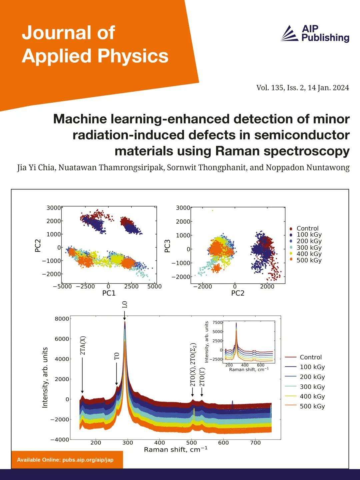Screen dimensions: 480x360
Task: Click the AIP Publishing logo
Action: [x=315, y=34]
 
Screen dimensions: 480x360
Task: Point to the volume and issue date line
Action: [x=302, y=88]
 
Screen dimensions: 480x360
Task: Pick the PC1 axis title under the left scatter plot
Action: [x=109, y=293]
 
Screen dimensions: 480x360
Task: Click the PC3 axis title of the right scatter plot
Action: [x=167, y=246]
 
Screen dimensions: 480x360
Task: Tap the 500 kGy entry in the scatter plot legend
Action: [x=309, y=260]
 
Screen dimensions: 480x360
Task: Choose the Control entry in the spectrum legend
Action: [x=310, y=357]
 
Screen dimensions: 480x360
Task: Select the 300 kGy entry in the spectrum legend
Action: [x=312, y=387]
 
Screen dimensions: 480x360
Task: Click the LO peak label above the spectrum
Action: [x=125, y=305]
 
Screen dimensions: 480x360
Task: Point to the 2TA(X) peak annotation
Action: [x=83, y=347]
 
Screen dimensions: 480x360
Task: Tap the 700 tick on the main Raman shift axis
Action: [x=255, y=443]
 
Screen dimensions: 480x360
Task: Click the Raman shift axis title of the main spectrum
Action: [x=175, y=450]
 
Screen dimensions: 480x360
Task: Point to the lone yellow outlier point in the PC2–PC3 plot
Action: [x=212, y=210]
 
